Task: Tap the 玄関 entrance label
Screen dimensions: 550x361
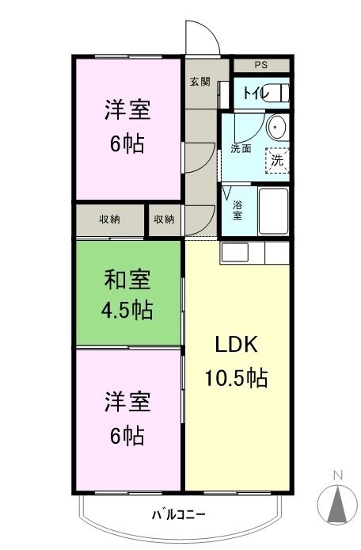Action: pyautogui.click(x=199, y=81)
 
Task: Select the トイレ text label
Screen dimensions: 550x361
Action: pyautogui.click(x=254, y=94)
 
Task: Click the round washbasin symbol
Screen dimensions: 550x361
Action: pyautogui.click(x=277, y=126)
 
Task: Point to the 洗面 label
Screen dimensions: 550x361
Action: pyautogui.click(x=241, y=147)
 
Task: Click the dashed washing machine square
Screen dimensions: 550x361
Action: pyautogui.click(x=276, y=159)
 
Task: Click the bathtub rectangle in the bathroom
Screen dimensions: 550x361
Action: pyautogui.click(x=273, y=210)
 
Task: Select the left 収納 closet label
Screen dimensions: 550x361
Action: pyautogui.click(x=110, y=220)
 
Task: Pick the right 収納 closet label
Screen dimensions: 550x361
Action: pyautogui.click(x=165, y=220)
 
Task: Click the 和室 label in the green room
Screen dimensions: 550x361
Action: pyautogui.click(x=127, y=280)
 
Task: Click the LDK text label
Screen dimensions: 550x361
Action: pyautogui.click(x=237, y=346)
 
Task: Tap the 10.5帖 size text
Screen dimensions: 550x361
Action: pyautogui.click(x=237, y=378)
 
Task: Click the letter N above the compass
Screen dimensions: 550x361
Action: pyautogui.click(x=337, y=476)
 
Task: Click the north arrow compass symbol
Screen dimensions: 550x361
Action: pyautogui.click(x=337, y=502)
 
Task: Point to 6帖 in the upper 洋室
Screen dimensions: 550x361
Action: pyautogui.click(x=127, y=145)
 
